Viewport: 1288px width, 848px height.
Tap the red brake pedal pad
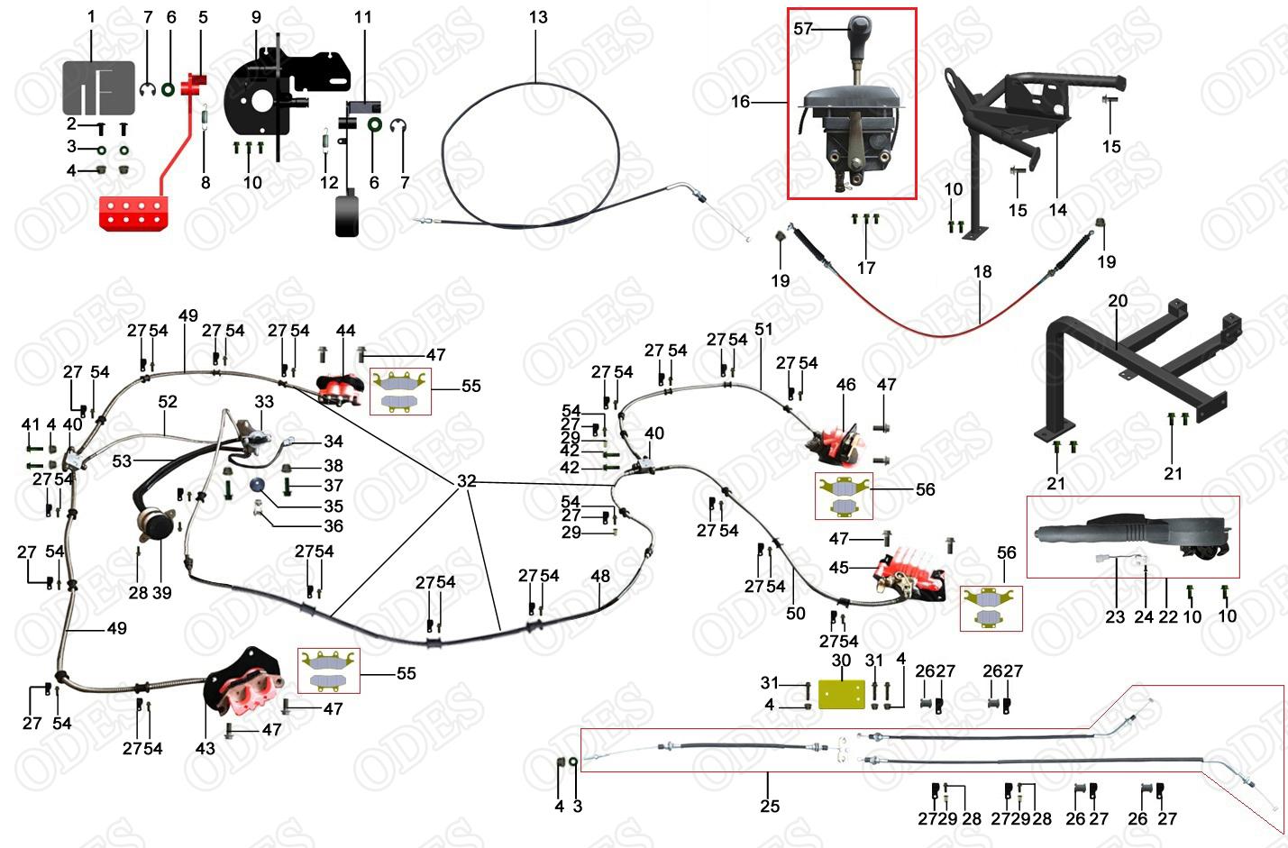(x=132, y=213)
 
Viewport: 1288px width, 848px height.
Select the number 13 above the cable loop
(x=538, y=17)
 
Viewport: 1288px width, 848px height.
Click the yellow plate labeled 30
(x=841, y=693)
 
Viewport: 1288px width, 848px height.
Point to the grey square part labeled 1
(x=98, y=87)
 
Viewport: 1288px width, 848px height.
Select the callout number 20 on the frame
(x=1118, y=301)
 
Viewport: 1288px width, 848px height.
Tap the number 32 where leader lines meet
(x=466, y=481)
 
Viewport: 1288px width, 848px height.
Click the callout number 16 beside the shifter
(x=740, y=102)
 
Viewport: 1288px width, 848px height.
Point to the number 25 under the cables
(x=769, y=806)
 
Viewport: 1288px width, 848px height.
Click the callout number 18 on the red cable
(x=982, y=271)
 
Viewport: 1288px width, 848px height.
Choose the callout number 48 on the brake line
(x=600, y=576)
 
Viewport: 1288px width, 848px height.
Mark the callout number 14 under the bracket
(x=1057, y=210)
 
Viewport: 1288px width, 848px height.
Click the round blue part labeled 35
(x=257, y=485)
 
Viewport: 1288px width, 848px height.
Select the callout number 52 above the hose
(x=168, y=401)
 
